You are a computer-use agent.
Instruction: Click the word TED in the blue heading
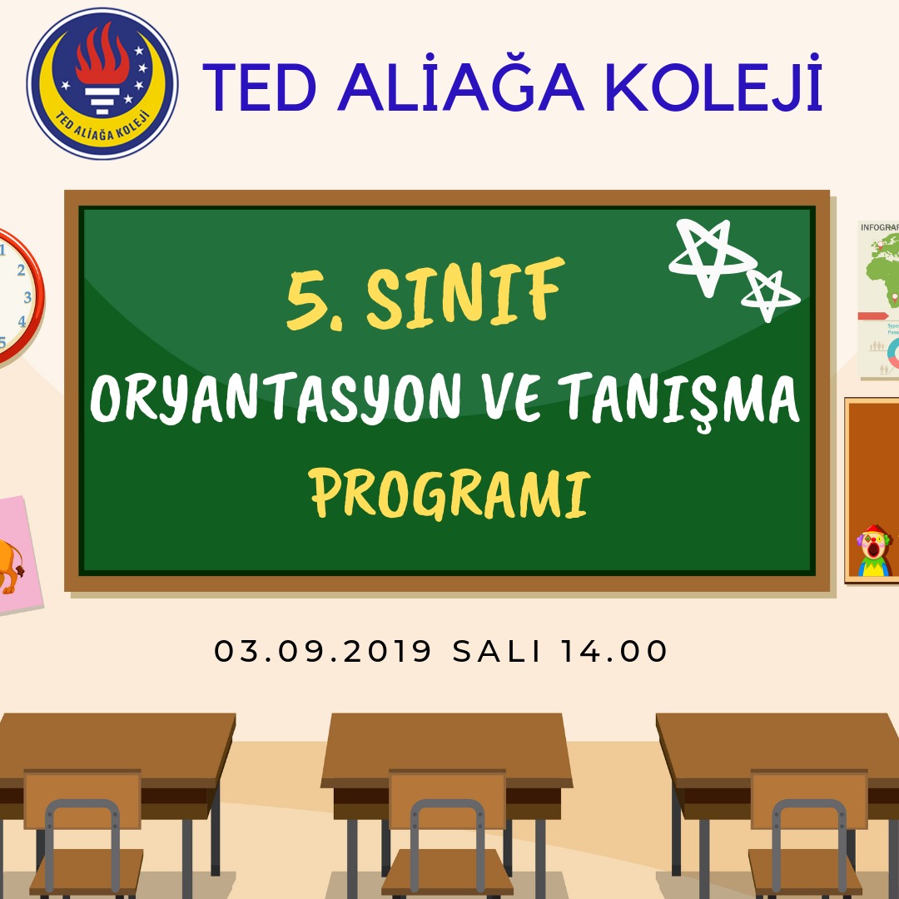(x=260, y=87)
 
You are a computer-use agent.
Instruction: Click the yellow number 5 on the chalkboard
(x=310, y=300)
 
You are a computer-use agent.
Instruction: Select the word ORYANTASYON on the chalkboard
(x=276, y=397)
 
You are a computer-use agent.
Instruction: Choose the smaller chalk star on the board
(x=769, y=294)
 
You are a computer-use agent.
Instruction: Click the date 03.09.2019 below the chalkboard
(x=322, y=651)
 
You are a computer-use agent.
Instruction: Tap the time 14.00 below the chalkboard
(x=613, y=651)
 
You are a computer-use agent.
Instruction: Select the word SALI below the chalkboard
(x=496, y=651)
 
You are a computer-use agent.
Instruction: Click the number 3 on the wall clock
(x=27, y=297)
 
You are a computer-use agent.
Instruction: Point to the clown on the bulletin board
(x=873, y=550)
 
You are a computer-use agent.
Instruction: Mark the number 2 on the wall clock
(x=21, y=270)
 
